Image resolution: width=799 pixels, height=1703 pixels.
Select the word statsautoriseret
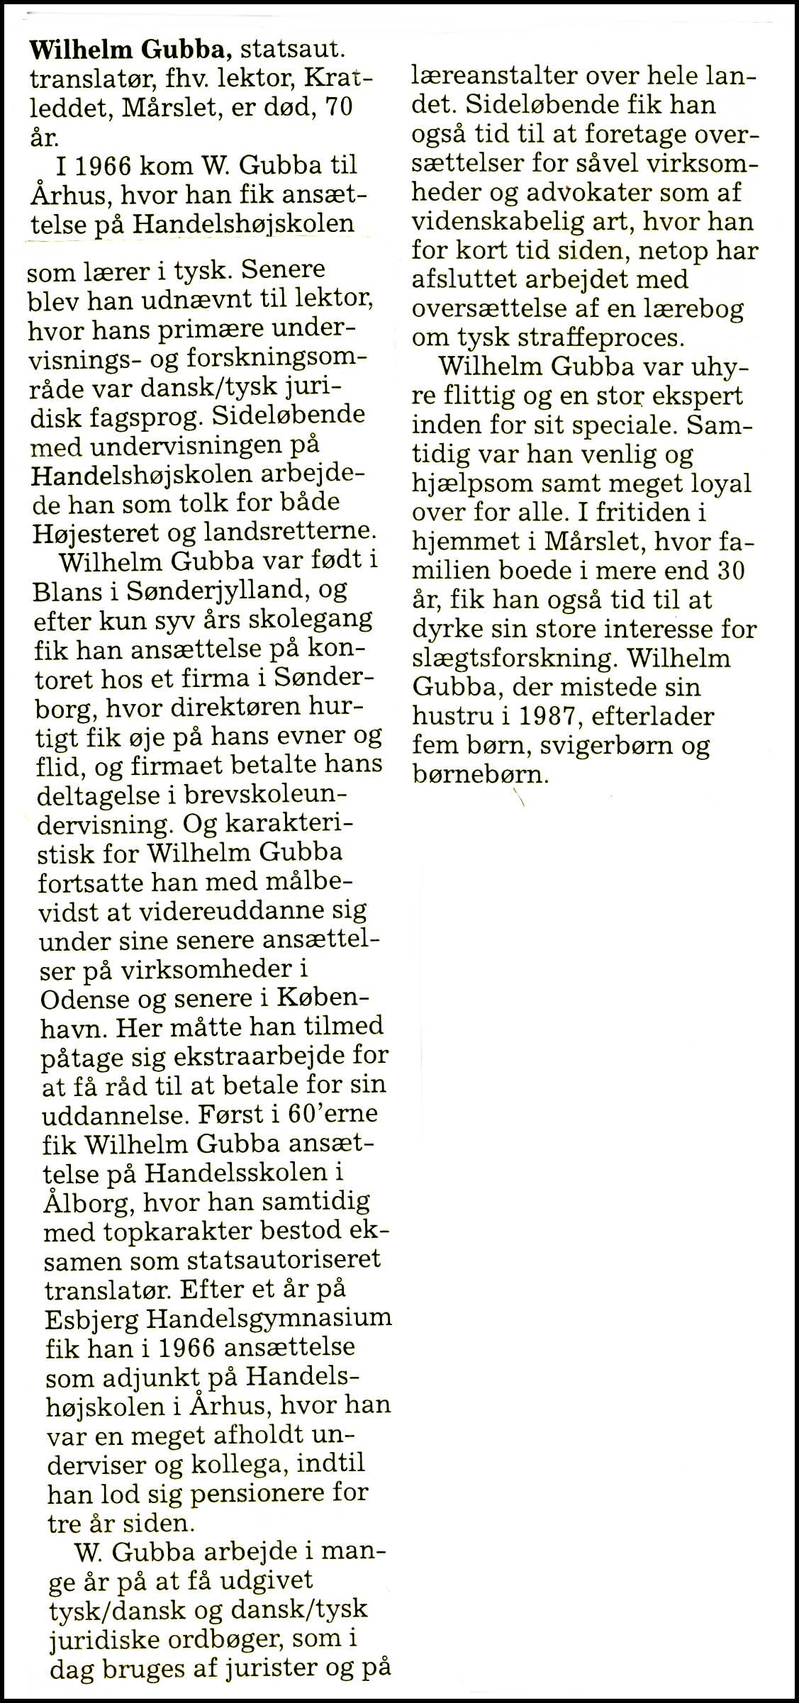[284, 1260]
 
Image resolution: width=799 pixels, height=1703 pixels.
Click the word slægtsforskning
[509, 659]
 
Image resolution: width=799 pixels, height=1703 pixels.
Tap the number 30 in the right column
[730, 571]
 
